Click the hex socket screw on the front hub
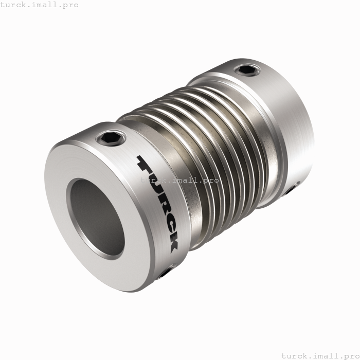click(113, 138)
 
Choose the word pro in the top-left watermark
click(70, 5)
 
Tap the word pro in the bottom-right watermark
click(351, 355)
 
